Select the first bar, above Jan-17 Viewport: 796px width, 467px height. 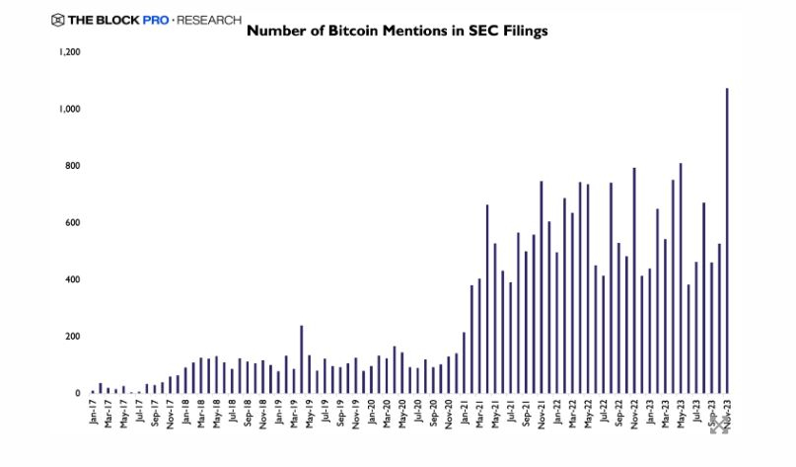pyautogui.click(x=93, y=391)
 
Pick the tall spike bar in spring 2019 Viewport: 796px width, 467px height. pyautogui.click(x=301, y=359)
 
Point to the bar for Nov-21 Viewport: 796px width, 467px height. pyautogui.click(x=542, y=287)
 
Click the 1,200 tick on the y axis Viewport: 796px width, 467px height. pyautogui.click(x=68, y=51)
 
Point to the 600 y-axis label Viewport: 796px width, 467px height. pyautogui.click(x=71, y=222)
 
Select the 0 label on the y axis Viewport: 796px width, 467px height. pyautogui.click(x=77, y=393)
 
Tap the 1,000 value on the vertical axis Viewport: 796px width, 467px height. pyautogui.click(x=68, y=109)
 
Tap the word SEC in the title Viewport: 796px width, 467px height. pyautogui.click(x=465, y=31)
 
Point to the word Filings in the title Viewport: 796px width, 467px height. pyautogui.click(x=517, y=31)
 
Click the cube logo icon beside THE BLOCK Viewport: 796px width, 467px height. pyautogui.click(x=57, y=19)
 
